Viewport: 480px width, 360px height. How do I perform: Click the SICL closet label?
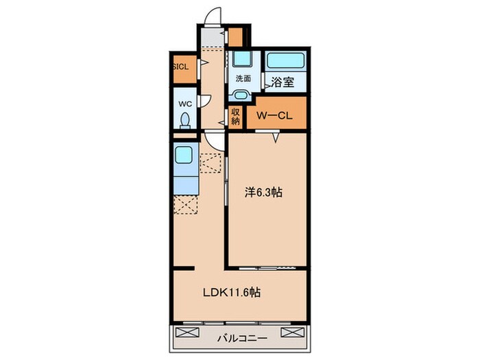[x=181, y=67]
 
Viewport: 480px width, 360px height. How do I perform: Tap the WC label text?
[x=185, y=104]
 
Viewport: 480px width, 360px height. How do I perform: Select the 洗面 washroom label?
[x=243, y=79]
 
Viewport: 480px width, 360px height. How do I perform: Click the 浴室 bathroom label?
[x=283, y=82]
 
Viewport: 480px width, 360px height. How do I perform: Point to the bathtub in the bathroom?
[x=286, y=61]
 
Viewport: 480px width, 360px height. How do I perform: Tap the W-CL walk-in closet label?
[x=274, y=115]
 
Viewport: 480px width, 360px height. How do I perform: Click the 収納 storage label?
[x=235, y=116]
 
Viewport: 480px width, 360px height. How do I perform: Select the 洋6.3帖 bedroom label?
[x=263, y=192]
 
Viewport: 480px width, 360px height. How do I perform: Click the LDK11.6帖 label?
[x=232, y=292]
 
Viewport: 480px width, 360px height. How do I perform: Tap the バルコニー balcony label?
[x=242, y=338]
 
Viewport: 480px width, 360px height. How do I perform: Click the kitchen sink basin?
[x=184, y=154]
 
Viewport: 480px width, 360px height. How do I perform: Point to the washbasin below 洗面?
[x=241, y=95]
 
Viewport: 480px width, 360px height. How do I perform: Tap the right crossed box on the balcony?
[x=293, y=333]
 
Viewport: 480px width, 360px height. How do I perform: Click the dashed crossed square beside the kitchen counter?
[x=210, y=163]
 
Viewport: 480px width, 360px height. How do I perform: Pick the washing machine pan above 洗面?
[x=242, y=59]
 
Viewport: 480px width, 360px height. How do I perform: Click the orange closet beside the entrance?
[x=235, y=37]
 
